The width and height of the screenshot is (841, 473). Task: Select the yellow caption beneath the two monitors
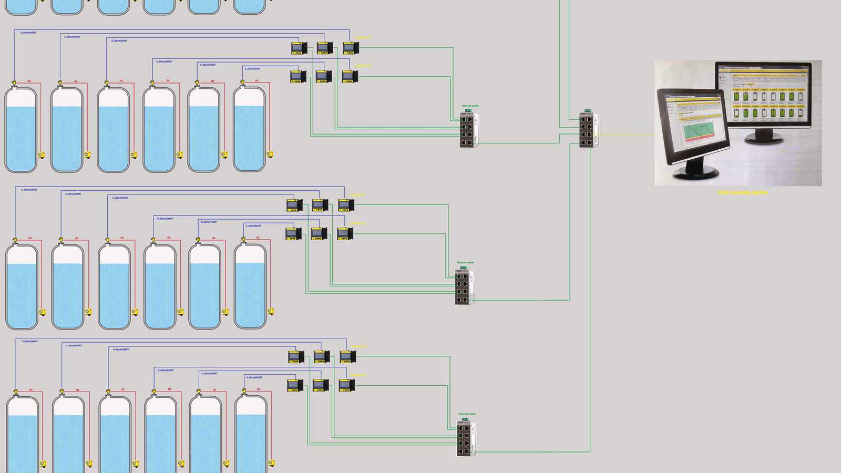(742, 192)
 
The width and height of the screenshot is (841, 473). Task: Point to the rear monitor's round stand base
(765, 139)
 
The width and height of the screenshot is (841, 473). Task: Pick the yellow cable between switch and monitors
(625, 135)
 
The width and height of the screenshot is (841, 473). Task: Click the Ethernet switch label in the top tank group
(470, 106)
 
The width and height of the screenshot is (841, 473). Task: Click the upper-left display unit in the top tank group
(299, 48)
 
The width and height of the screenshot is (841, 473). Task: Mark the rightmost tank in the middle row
(250, 287)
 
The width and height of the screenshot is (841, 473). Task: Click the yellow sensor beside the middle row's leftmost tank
(43, 312)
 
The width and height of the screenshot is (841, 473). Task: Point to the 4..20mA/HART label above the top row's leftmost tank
(28, 33)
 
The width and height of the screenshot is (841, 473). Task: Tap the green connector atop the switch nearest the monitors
(588, 111)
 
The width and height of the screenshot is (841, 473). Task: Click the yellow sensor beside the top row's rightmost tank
(270, 155)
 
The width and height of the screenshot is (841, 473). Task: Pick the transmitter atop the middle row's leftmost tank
(15, 240)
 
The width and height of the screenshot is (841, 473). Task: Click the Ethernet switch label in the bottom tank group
(467, 414)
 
